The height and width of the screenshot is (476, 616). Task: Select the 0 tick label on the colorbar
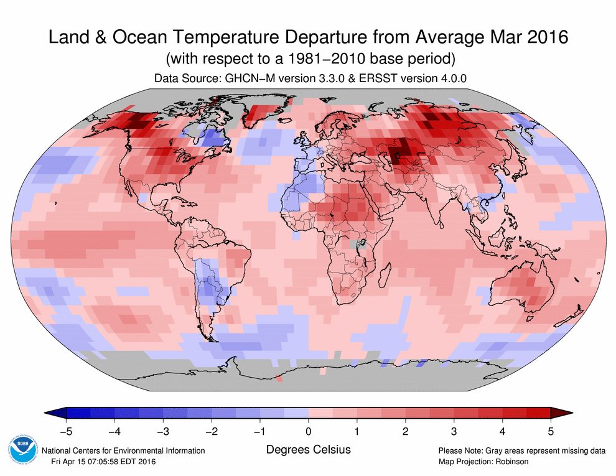pos(309,430)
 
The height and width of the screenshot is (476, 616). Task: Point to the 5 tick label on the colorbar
pos(551,430)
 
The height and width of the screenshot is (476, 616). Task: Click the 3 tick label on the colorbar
pos(454,430)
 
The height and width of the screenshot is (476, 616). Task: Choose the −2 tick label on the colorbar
pos(211,430)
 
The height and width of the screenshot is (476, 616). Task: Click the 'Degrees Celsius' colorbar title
pos(308,449)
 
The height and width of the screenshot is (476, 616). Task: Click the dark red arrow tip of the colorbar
pos(562,413)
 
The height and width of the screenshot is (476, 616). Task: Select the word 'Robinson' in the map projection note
pos(512,461)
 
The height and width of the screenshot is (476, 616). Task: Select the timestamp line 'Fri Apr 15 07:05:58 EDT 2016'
pos(103,461)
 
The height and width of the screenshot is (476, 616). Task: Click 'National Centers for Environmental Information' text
pos(123,450)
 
